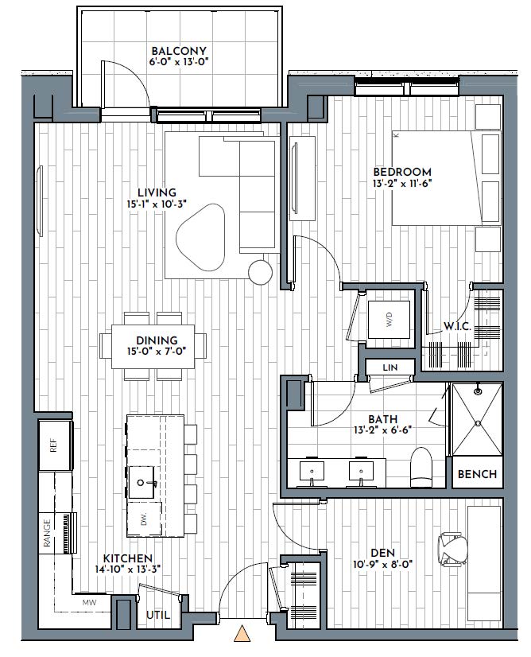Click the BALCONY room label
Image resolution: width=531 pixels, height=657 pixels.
(x=179, y=51)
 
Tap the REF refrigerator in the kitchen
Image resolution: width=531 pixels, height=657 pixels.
(x=54, y=445)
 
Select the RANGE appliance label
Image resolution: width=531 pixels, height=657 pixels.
(x=47, y=533)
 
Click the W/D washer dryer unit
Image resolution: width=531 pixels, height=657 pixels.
(x=389, y=320)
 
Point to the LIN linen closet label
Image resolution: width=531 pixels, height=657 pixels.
(x=390, y=367)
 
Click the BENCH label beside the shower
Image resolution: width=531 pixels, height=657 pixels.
(x=478, y=474)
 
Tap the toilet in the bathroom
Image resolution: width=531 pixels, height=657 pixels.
(x=421, y=467)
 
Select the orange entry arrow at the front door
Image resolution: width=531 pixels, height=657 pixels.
(x=242, y=633)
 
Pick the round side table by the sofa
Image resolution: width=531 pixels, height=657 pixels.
(x=260, y=272)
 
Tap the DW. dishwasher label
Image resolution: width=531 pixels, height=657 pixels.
(x=144, y=520)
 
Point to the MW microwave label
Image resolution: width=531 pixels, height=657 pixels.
(x=89, y=603)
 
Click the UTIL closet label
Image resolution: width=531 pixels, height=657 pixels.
(x=158, y=615)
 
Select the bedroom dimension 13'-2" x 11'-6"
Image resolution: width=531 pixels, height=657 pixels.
(x=402, y=183)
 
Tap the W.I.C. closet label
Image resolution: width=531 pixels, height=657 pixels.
(x=457, y=326)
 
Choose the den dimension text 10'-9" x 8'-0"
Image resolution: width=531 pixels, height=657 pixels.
(x=383, y=564)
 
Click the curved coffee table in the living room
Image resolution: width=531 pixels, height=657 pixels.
(x=200, y=238)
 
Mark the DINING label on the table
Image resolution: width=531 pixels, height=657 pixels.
(x=157, y=340)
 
